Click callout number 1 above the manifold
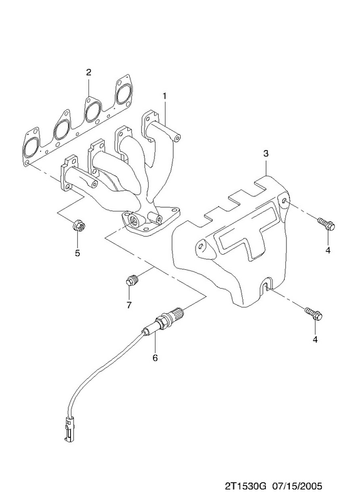tap(165, 96)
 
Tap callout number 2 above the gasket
tap(88, 72)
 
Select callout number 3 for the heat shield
tap(266, 153)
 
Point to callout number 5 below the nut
tap(77, 253)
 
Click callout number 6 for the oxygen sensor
tap(155, 358)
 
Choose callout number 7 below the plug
tap(129, 305)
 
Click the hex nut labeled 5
tap(78, 226)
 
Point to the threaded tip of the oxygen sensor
tap(177, 312)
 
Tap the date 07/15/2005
tap(297, 486)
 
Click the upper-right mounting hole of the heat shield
tap(285, 201)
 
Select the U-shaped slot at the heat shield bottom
tap(265, 286)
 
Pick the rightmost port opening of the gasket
tap(124, 94)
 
